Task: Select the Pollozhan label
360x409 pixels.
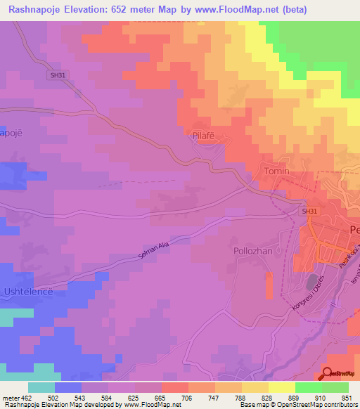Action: pyautogui.click(x=252, y=250)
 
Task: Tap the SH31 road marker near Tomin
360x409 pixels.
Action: pyautogui.click(x=310, y=211)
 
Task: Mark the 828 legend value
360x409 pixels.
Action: pyautogui.click(x=255, y=397)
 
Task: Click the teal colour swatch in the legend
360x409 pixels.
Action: pyautogui.click(x=41, y=387)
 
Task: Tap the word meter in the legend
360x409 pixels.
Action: pyautogui.click(x=9, y=397)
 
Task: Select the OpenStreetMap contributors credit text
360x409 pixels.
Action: pyautogui.click(x=323, y=405)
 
